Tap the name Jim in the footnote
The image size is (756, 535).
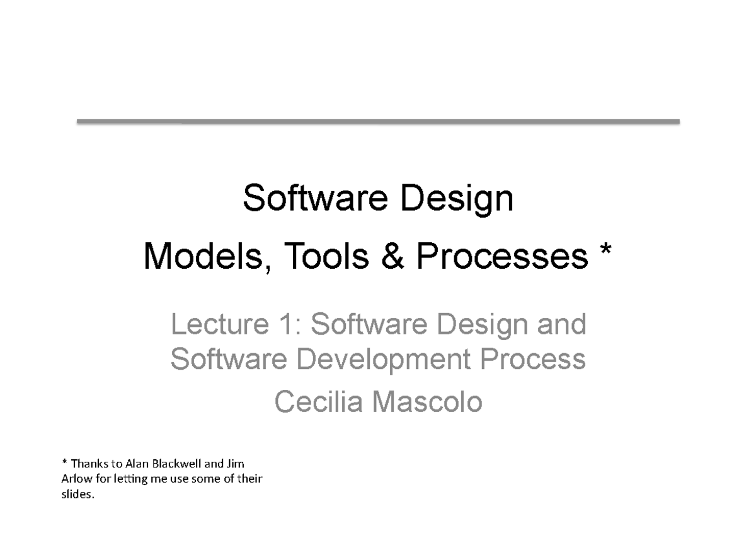pyautogui.click(x=234, y=462)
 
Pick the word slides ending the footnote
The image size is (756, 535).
pyautogui.click(x=77, y=495)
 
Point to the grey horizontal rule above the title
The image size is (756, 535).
pyautogui.click(x=378, y=122)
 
